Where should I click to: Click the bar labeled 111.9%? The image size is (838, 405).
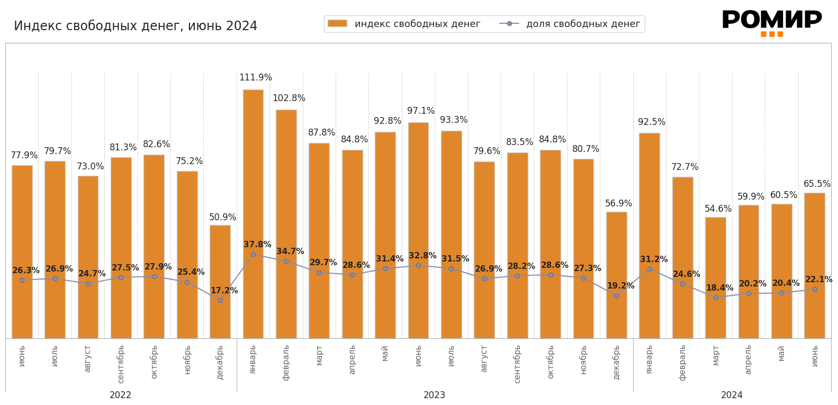click(253, 212)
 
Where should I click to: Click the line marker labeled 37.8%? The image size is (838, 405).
click(253, 255)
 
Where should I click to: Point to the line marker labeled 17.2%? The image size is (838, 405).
click(220, 300)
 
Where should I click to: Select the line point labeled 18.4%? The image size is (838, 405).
click(716, 298)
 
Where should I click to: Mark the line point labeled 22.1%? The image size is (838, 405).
click(815, 289)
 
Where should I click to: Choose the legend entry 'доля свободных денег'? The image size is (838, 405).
click(583, 24)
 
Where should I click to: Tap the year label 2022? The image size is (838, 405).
click(121, 395)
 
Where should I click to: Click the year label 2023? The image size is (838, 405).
click(434, 395)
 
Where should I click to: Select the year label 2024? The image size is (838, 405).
click(732, 395)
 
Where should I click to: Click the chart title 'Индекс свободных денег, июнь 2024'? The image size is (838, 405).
click(136, 26)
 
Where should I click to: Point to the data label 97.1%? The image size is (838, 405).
click(421, 111)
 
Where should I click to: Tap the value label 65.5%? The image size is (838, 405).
click(817, 184)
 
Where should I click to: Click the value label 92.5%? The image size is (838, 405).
click(652, 122)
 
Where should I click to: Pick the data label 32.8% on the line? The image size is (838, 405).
click(422, 256)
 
